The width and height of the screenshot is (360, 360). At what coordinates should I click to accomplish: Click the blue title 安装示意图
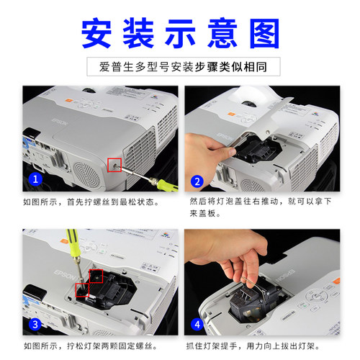click(x=179, y=32)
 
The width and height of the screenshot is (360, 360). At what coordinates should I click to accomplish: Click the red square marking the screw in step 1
click(x=114, y=165)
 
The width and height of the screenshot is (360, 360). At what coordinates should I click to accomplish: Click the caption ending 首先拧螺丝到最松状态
click(x=91, y=202)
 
